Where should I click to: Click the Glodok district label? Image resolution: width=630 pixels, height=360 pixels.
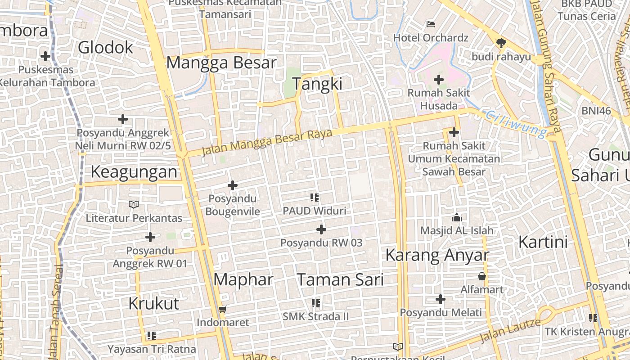click(106, 47)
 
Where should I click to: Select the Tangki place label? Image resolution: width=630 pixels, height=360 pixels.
click(317, 84)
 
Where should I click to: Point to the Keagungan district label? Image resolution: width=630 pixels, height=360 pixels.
click(134, 172)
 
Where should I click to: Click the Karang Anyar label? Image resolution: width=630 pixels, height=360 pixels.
click(437, 256)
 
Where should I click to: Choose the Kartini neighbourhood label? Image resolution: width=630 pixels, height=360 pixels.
click(543, 242)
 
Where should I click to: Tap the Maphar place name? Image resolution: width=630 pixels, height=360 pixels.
click(243, 280)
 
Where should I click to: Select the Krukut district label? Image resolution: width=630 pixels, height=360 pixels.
click(154, 304)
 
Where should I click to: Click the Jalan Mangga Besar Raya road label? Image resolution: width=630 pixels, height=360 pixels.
click(267, 142)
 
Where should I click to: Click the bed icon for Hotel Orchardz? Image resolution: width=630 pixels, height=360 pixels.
click(431, 24)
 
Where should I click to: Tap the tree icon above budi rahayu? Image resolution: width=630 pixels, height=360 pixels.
click(500, 43)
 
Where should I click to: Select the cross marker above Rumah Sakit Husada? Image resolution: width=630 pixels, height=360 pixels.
click(439, 80)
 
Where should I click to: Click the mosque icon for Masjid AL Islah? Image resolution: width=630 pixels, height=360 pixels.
click(457, 218)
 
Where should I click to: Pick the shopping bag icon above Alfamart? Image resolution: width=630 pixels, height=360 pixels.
click(482, 276)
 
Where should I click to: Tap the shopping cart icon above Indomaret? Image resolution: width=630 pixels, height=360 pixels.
click(222, 310)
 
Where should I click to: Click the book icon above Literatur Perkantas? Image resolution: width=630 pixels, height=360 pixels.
click(134, 205)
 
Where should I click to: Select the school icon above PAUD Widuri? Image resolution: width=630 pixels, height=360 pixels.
click(315, 197)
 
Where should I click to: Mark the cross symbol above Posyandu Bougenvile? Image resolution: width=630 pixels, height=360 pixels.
click(233, 185)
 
